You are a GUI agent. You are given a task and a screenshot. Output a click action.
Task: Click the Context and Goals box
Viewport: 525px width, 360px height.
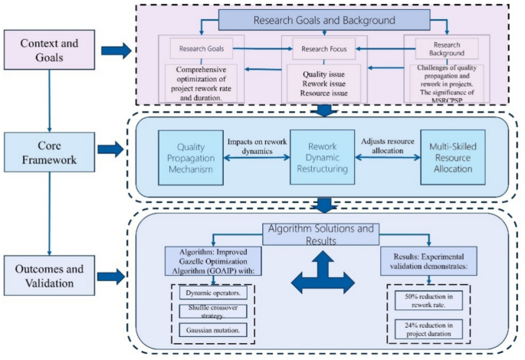[x=49, y=50]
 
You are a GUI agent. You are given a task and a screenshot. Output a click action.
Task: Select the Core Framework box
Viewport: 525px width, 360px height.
[x=49, y=152]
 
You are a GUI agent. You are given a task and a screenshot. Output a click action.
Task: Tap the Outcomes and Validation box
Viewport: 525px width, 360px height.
[x=49, y=275]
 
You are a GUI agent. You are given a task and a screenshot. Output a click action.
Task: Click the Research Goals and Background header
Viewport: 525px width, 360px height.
[x=324, y=20]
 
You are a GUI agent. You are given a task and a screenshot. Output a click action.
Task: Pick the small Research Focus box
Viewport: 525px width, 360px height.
[x=323, y=49]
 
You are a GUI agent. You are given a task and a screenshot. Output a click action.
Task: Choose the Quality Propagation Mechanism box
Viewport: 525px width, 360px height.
[x=191, y=158]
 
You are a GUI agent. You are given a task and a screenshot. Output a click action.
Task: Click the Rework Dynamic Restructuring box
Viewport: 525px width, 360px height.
[x=322, y=157]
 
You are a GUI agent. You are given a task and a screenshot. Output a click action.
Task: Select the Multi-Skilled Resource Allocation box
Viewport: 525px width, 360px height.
[x=453, y=157]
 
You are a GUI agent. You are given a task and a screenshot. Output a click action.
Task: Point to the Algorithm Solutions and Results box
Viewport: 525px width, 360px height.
[x=321, y=234]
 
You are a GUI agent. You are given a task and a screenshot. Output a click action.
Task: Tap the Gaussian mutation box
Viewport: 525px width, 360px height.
[x=213, y=330]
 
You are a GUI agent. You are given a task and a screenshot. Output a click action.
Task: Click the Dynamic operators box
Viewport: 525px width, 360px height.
[x=213, y=293]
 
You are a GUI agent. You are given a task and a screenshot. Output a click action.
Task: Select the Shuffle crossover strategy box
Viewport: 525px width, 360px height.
[x=213, y=311]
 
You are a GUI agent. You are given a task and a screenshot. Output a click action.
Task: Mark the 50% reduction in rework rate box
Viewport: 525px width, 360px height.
[x=428, y=300]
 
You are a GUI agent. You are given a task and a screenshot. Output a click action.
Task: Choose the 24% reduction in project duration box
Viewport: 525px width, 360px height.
[x=428, y=329]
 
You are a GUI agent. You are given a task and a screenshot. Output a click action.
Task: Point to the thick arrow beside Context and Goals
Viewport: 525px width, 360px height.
[x=116, y=51]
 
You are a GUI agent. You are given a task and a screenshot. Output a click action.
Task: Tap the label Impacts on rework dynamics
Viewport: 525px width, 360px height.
[x=258, y=146]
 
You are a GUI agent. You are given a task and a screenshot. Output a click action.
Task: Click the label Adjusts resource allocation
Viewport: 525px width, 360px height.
[x=388, y=146]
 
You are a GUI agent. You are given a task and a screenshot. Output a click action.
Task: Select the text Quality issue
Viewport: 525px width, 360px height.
[x=323, y=74]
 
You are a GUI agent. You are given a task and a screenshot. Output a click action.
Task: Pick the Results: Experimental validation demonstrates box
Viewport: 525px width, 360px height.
[x=428, y=261]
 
